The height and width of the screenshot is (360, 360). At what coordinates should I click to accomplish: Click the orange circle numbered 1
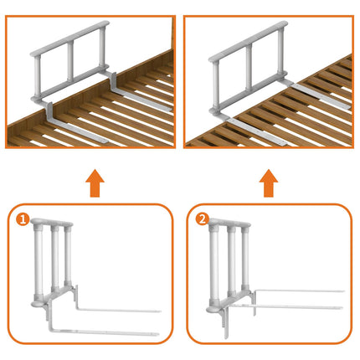click(x=23, y=220)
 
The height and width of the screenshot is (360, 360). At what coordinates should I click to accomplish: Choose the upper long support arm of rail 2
click(x=297, y=291)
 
